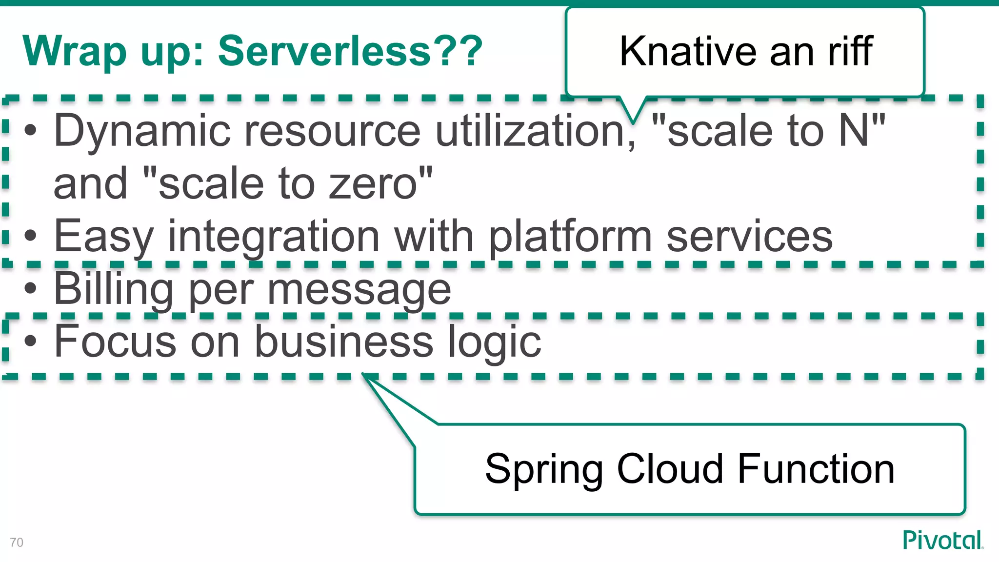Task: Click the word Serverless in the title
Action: pyautogui.click(x=324, y=51)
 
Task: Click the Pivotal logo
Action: pyautogui.click(x=942, y=540)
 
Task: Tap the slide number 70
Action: pyautogui.click(x=17, y=542)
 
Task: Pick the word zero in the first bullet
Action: pyautogui.click(x=373, y=184)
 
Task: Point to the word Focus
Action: pyautogui.click(x=115, y=341)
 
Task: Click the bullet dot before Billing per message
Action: pyautogui.click(x=30, y=288)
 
